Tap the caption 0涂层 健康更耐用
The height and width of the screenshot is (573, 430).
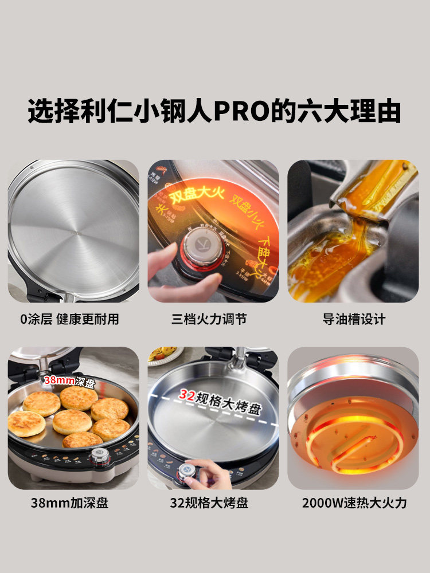click(x=69, y=319)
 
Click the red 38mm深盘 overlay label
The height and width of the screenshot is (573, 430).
click(x=69, y=379)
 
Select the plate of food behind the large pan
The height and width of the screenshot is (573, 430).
click(x=166, y=354)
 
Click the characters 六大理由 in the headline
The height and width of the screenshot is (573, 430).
click(x=349, y=111)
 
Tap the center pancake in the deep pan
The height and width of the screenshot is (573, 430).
click(x=72, y=421)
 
